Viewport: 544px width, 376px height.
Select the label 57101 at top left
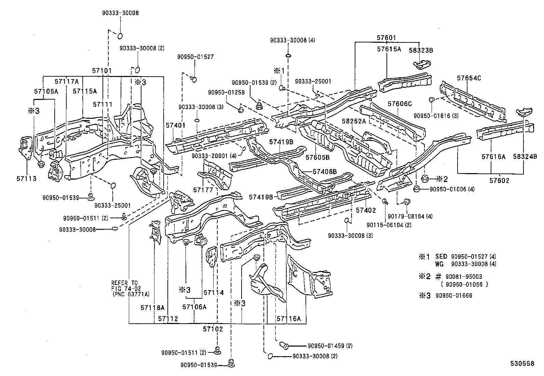coord(102,71)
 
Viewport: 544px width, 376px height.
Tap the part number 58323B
coord(421,50)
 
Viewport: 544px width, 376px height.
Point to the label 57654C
coord(469,78)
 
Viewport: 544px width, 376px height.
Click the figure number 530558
coord(522,364)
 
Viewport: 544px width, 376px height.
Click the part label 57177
coord(203,190)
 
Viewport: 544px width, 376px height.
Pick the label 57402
coord(366,210)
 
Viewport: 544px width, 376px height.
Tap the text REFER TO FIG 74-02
coord(124,286)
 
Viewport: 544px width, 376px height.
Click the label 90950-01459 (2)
coord(330,346)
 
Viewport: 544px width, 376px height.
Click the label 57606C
coord(400,103)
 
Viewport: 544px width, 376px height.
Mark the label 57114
coord(214,293)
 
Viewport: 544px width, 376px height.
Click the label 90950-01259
coord(224,92)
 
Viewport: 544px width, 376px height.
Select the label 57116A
coord(289,319)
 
